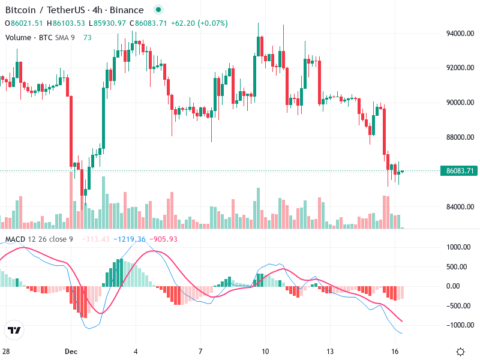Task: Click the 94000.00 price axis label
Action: point(460,34)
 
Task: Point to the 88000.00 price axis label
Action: point(460,137)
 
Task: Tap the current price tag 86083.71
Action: point(460,171)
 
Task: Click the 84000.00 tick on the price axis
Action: point(460,207)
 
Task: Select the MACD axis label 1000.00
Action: point(460,247)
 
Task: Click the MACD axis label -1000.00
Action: point(460,325)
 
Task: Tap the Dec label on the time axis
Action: point(71,351)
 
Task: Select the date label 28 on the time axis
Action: point(6,351)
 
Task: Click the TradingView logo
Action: point(14,331)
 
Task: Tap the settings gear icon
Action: point(460,352)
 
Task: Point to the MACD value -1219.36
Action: point(132,239)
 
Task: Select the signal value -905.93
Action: point(164,239)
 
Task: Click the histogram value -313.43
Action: point(98,239)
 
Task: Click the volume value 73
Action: point(88,37)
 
